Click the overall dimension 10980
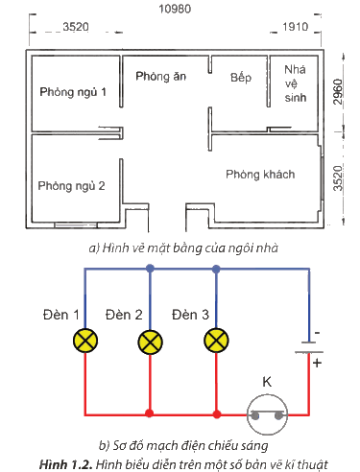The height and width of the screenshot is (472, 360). pyautogui.click(x=175, y=9)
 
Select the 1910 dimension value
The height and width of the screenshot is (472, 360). pyautogui.click(x=295, y=27)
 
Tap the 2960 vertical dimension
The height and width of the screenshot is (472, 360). pyautogui.click(x=338, y=92)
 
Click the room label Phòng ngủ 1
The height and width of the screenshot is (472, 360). pyautogui.click(x=73, y=92)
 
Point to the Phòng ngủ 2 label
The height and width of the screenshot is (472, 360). pyautogui.click(x=71, y=186)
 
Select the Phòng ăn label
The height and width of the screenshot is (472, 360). pyautogui.click(x=160, y=77)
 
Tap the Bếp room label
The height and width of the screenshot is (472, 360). pyautogui.click(x=241, y=78)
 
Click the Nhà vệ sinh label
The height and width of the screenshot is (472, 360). pyautogui.click(x=295, y=83)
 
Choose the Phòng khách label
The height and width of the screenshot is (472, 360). pyautogui.click(x=260, y=175)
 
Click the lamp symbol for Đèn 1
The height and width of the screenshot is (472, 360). pyautogui.click(x=85, y=341)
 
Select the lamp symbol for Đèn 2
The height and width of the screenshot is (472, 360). pyautogui.click(x=150, y=342)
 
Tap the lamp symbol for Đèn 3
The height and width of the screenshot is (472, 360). pyautogui.click(x=216, y=340)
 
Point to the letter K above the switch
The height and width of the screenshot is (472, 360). pyautogui.click(x=267, y=382)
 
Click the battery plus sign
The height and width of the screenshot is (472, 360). pyautogui.click(x=317, y=364)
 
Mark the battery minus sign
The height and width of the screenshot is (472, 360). pyautogui.click(x=317, y=333)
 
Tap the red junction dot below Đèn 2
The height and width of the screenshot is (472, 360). pyautogui.click(x=149, y=413)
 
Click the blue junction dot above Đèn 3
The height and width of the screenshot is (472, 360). pyautogui.click(x=216, y=269)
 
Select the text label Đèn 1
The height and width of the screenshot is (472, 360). pyautogui.click(x=60, y=315)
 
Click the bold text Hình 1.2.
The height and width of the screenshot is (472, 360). pyautogui.click(x=65, y=464)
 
